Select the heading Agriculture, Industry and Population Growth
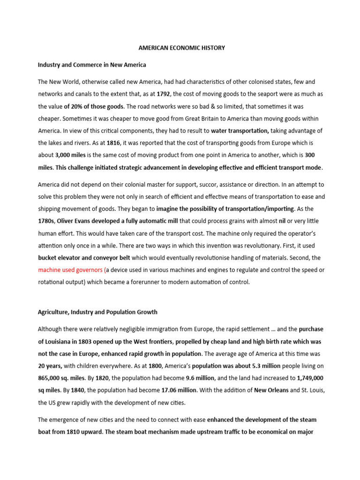click(97, 312)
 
